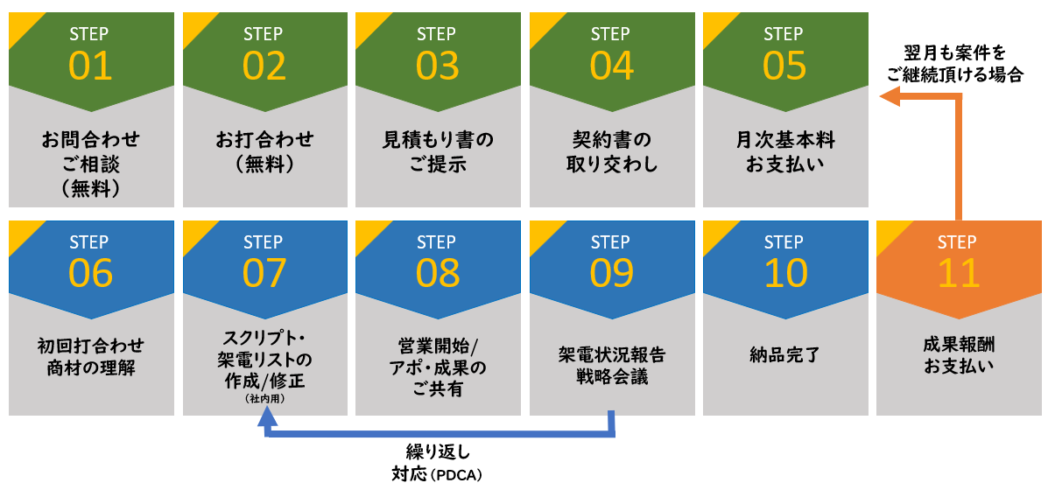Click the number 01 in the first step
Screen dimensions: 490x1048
(x=90, y=66)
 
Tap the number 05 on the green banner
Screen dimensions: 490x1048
(x=784, y=66)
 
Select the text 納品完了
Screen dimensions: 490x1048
(x=784, y=355)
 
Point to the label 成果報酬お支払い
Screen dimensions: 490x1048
(x=957, y=355)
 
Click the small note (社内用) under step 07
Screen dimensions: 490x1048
(x=264, y=399)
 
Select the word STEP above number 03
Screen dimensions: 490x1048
(x=437, y=34)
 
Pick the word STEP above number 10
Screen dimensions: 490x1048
(x=784, y=242)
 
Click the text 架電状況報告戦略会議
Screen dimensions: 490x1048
(x=610, y=367)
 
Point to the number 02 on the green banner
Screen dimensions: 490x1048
(x=264, y=66)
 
